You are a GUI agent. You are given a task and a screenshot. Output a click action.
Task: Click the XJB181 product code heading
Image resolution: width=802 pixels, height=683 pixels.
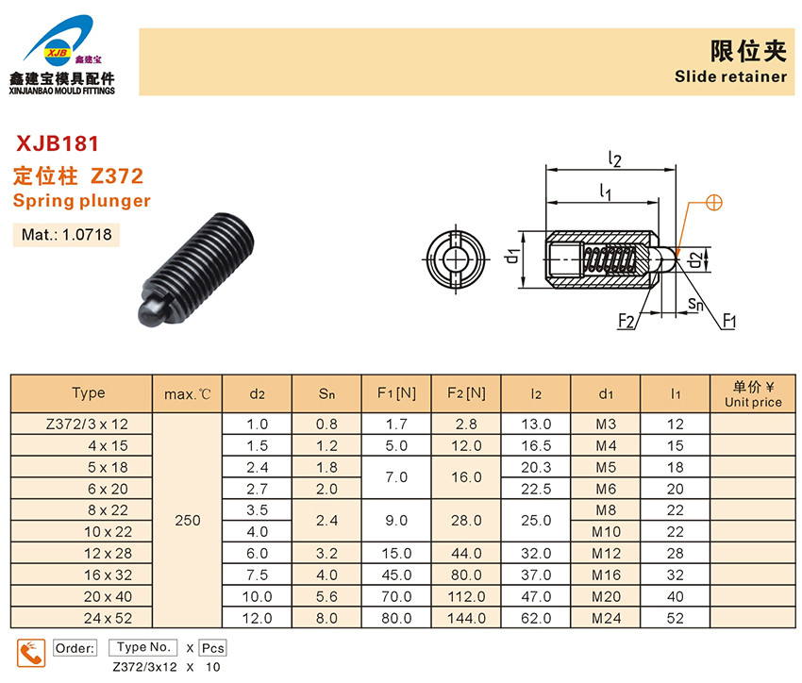[x=58, y=143]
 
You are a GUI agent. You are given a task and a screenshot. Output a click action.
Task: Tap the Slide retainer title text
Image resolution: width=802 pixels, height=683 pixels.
[x=730, y=76]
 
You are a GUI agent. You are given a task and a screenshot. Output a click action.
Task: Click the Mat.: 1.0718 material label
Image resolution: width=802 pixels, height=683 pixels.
[x=66, y=235]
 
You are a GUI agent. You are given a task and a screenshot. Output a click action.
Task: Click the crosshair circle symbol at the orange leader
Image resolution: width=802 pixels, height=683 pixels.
[x=714, y=203]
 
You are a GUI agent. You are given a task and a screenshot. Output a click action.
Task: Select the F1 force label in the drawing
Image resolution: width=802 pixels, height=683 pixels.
[x=729, y=321]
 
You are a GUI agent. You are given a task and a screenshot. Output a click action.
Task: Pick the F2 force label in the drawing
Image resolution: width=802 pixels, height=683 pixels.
[x=627, y=321]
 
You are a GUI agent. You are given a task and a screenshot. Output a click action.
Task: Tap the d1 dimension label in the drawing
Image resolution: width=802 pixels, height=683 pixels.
[x=512, y=256]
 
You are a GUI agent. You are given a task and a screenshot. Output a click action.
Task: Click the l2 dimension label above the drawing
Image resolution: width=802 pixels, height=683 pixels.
[x=614, y=159]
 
